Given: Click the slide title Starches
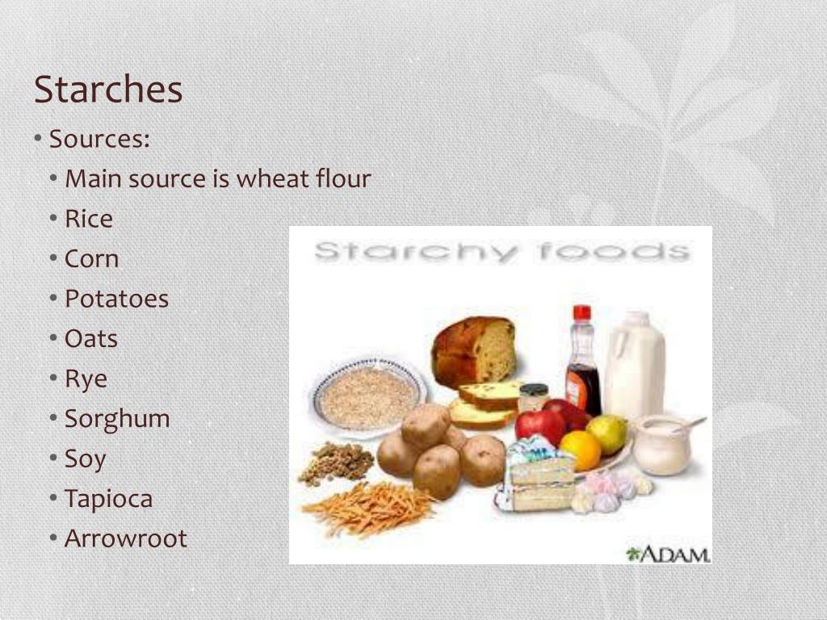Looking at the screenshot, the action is [x=108, y=89].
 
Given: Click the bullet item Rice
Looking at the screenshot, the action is [x=89, y=218].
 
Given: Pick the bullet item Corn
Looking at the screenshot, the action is [x=91, y=258].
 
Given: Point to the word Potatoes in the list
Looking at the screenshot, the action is [x=116, y=299].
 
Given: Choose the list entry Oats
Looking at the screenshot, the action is [x=90, y=338].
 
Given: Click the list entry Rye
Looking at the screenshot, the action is [x=86, y=379].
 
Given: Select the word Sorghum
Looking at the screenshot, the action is [x=117, y=419].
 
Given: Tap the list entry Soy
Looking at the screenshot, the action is [x=85, y=459].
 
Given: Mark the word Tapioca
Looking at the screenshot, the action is [x=109, y=499].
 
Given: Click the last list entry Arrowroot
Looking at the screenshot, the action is [x=125, y=538].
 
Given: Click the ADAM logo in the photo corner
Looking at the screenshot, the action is [x=668, y=555].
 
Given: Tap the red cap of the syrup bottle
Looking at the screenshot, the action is [x=581, y=313].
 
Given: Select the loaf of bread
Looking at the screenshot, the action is [x=473, y=351].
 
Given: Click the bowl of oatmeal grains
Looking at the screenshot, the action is [x=368, y=398].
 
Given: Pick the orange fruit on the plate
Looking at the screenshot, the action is [x=580, y=450].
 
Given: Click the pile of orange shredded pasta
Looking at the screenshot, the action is [x=368, y=508].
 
